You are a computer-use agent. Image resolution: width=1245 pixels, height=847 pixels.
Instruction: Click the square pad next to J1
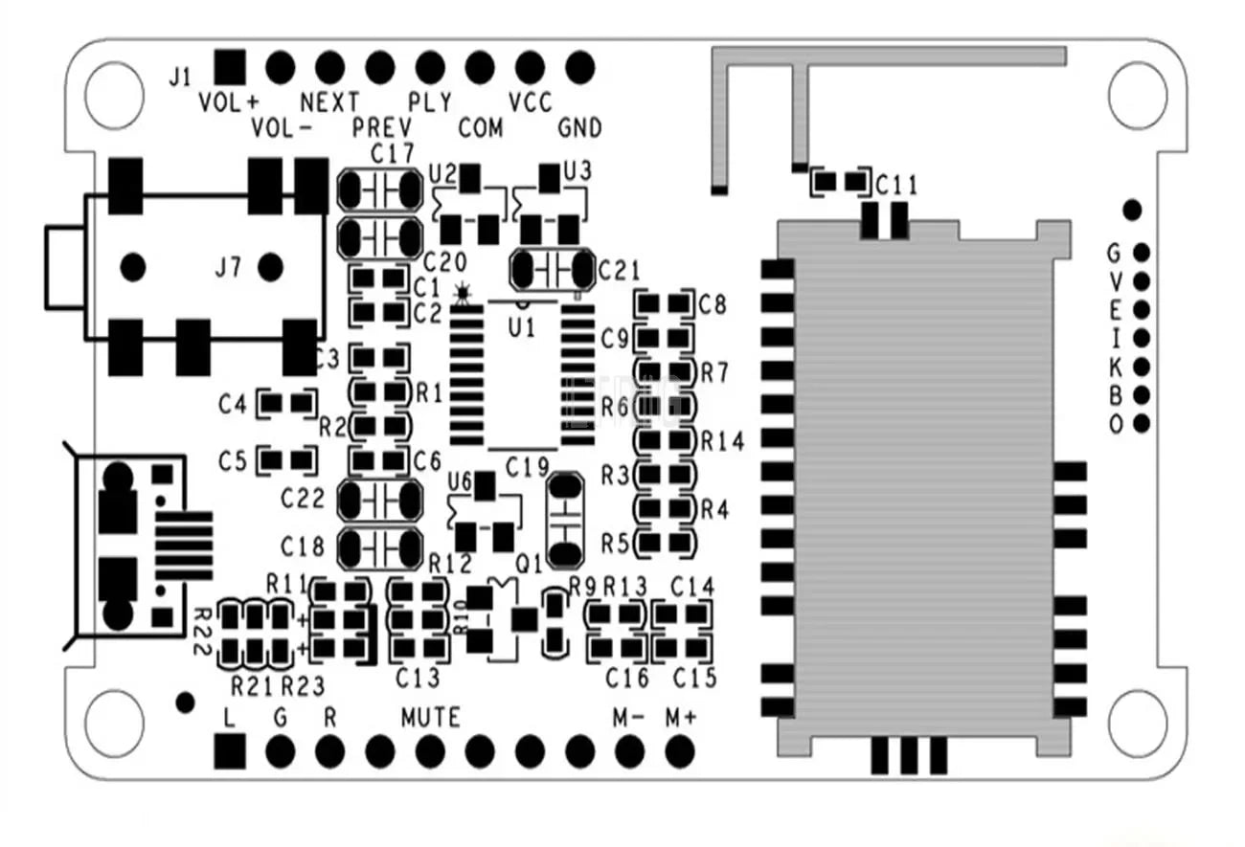(x=229, y=66)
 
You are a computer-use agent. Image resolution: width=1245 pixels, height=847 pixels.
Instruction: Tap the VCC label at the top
(x=531, y=102)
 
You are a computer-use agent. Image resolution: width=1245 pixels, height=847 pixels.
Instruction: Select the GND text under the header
(x=579, y=128)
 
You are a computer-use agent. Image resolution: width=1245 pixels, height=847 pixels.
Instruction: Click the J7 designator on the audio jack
(x=227, y=268)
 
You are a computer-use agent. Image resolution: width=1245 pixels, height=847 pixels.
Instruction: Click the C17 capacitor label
(x=392, y=153)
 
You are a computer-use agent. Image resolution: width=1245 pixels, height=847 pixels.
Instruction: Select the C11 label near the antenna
(x=896, y=185)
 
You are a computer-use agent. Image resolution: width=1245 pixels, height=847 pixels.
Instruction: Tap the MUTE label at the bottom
(x=430, y=716)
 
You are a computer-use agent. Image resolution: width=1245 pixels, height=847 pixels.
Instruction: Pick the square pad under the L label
(x=229, y=751)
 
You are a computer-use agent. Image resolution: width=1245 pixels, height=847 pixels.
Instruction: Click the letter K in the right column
(x=1114, y=367)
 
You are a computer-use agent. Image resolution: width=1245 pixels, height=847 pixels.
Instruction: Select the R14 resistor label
(x=722, y=441)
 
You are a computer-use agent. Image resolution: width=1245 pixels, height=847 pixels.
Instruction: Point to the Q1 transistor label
(x=529, y=564)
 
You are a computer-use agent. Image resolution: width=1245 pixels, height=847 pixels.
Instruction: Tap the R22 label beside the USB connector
(x=202, y=631)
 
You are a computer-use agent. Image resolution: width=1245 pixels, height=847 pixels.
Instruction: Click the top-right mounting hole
(x=1138, y=93)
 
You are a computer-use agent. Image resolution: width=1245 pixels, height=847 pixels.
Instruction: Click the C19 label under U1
(x=527, y=468)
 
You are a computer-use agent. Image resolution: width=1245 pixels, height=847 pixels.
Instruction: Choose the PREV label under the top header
(x=382, y=128)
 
